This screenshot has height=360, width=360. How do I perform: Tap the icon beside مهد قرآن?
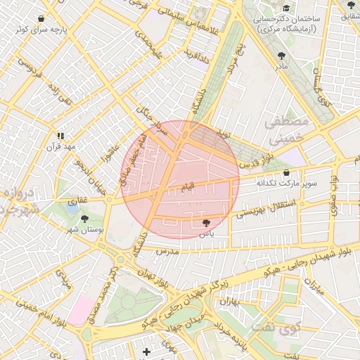[x=60, y=135]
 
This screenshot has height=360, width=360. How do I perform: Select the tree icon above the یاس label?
[x=206, y=222]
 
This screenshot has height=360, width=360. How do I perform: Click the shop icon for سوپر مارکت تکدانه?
[x=286, y=172]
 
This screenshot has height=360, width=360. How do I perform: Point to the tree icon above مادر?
[x=282, y=55]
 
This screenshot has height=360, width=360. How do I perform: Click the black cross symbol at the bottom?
[x=146, y=351]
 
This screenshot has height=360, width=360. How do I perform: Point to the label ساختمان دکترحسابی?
[x=288, y=19]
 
